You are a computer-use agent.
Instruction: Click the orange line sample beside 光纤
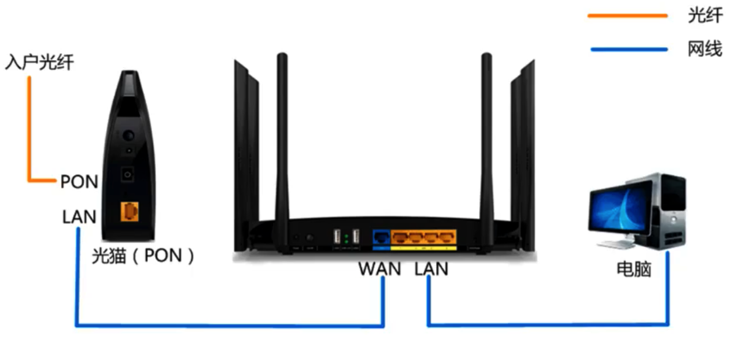pyautogui.click(x=627, y=15)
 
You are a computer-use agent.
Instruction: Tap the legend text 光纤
pyautogui.click(x=705, y=15)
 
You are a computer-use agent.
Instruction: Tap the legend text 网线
pyautogui.click(x=705, y=48)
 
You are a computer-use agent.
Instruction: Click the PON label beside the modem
pyautogui.click(x=79, y=182)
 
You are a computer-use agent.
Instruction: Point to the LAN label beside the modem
pyautogui.click(x=79, y=216)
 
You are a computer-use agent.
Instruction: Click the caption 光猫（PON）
pyautogui.click(x=144, y=255)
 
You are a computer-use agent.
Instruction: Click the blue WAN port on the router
pyautogui.click(x=381, y=237)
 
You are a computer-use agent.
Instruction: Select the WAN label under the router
pyautogui.click(x=380, y=269)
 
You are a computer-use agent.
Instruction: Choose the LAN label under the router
pyautogui.click(x=431, y=269)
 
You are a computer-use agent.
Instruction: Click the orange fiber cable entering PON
pyautogui.click(x=28, y=129)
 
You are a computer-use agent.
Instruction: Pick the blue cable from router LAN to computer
pyautogui.click(x=546, y=324)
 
